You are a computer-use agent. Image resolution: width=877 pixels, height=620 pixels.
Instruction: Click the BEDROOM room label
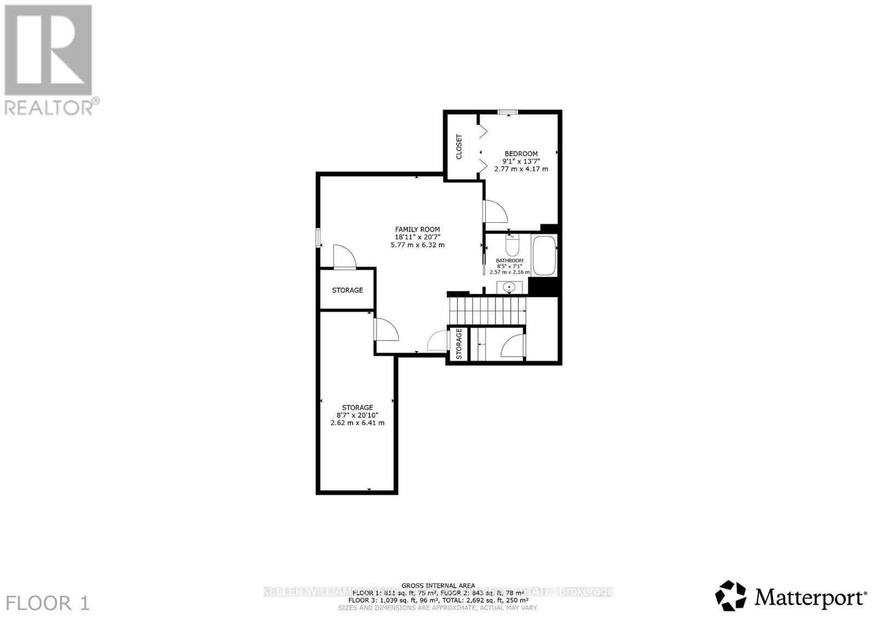521,154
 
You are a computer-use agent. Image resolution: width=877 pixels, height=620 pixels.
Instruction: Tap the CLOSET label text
459,147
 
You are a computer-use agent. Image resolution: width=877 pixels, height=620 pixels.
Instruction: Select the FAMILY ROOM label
418,229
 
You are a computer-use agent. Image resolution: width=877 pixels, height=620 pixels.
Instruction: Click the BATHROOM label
510,261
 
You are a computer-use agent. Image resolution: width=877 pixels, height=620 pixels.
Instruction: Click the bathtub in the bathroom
544,255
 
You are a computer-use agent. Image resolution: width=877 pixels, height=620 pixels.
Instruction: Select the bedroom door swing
495,211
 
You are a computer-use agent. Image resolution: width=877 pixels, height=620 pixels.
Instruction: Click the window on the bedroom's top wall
508,113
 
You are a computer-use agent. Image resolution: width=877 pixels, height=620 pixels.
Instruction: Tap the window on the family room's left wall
318,238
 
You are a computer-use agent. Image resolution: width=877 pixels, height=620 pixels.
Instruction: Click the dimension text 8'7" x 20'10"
357,415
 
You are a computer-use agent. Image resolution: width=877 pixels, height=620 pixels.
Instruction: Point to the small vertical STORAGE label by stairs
459,344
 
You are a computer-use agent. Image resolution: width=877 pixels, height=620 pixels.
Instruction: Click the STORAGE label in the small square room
348,290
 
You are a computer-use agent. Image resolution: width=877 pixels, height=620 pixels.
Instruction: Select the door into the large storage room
385,330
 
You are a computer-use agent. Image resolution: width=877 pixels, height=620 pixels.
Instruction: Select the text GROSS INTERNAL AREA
438,585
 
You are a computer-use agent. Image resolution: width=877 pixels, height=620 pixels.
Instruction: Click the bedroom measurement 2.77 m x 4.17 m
521,169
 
